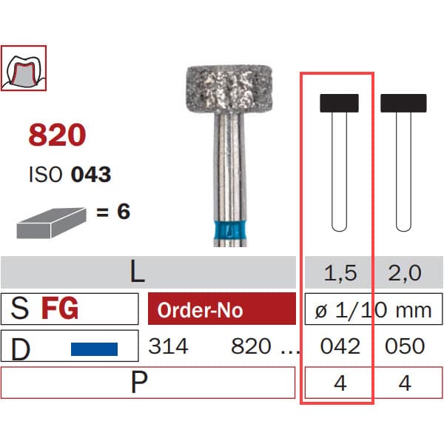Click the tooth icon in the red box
click(x=24, y=67)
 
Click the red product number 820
click(x=57, y=135)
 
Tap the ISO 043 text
click(x=70, y=175)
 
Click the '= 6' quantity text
click(x=112, y=212)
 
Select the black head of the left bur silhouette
click(x=339, y=103)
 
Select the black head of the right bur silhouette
click(x=403, y=103)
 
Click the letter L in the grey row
click(x=137, y=273)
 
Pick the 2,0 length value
click(x=404, y=274)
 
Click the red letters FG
click(x=59, y=309)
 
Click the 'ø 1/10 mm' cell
click(x=374, y=310)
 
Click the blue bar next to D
click(x=94, y=346)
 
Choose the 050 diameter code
click(x=405, y=346)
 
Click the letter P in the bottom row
click(x=137, y=383)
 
